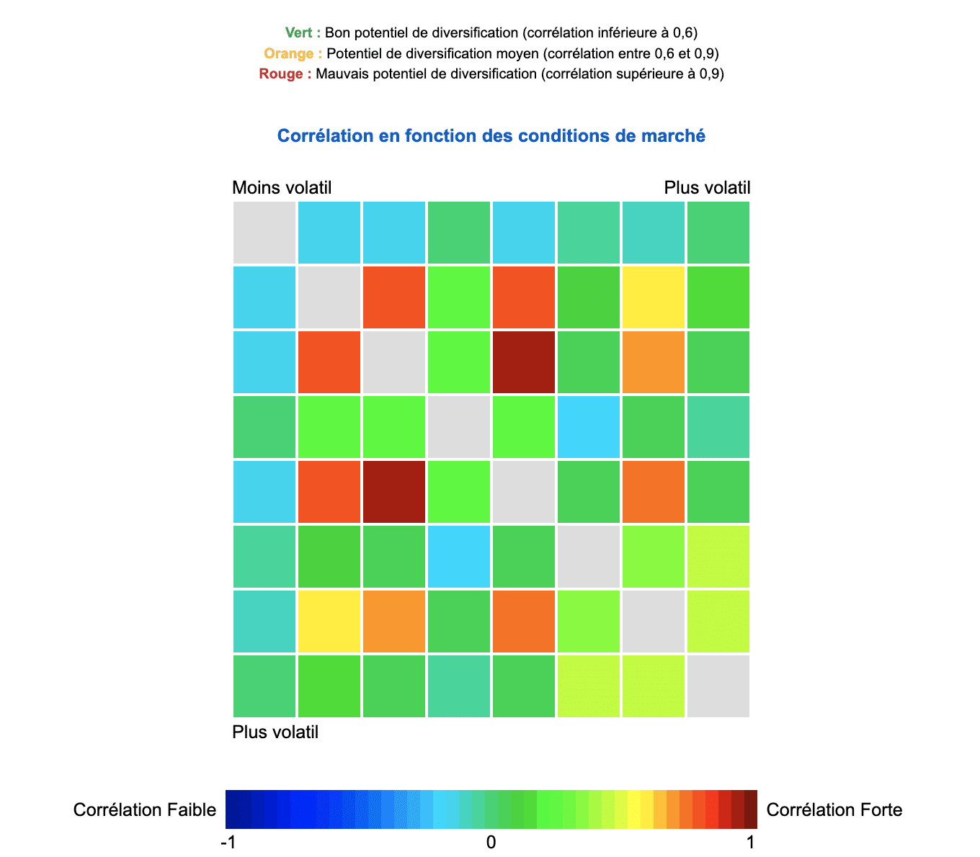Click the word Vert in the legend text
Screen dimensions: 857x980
298,32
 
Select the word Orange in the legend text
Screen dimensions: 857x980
288,53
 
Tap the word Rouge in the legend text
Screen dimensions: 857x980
282,73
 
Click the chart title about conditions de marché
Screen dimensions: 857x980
491,135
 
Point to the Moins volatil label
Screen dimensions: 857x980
282,188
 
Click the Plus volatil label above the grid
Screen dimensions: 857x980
707,188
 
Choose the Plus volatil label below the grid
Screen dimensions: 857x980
275,732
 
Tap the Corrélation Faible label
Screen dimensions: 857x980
145,810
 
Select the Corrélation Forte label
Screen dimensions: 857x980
834,810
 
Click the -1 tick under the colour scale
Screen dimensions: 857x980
228,842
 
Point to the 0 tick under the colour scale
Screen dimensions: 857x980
491,842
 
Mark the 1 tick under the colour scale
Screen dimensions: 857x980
751,842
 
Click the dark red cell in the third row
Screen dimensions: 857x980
524,362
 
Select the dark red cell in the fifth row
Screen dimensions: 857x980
394,492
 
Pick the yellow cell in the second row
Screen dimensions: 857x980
654,297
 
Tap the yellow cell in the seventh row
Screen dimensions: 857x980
329,622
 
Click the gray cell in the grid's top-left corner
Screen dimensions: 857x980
264,233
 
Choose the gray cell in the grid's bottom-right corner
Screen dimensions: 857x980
718,686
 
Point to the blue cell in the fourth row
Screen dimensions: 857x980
589,427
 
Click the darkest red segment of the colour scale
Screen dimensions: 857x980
750,809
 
